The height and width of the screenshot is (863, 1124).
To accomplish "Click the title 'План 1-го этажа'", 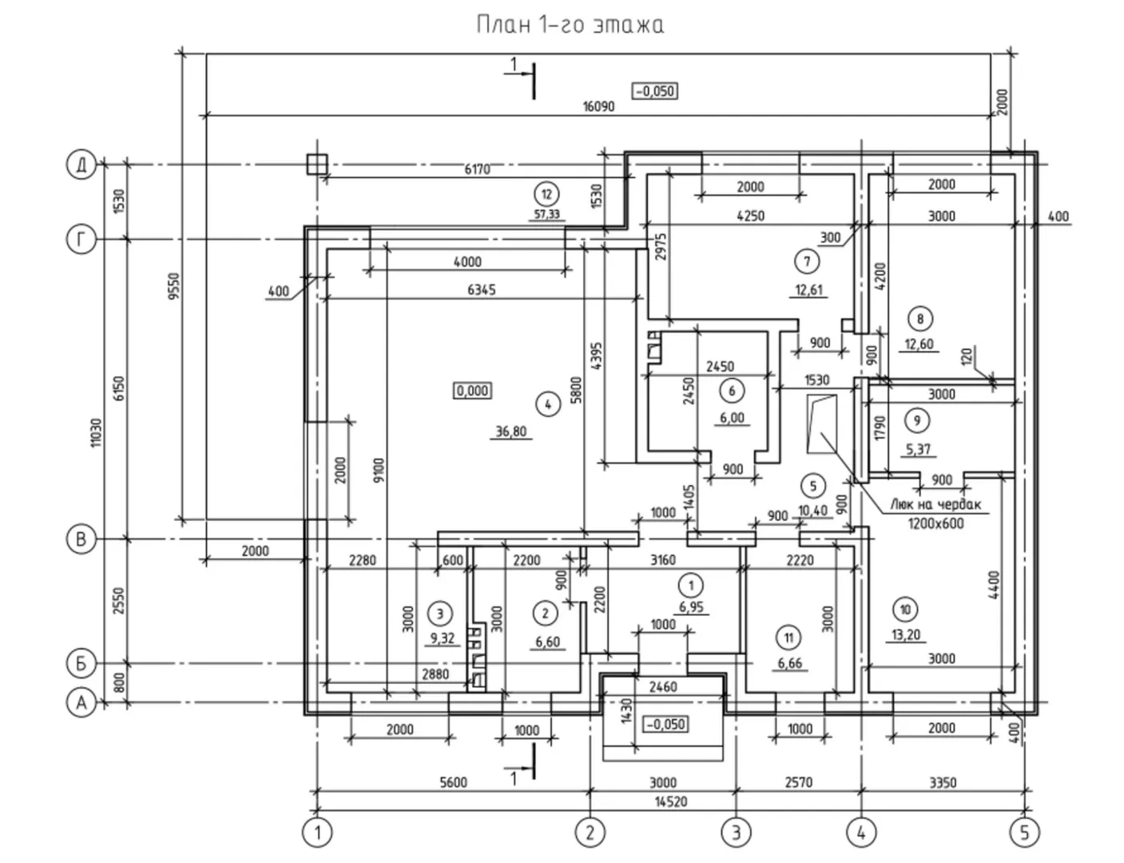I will click(570, 25).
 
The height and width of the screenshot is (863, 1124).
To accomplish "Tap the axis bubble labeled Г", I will click(80, 239).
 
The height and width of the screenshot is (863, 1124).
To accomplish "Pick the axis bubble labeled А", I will click(80, 703).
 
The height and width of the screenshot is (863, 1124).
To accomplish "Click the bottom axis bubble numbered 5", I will click(1024, 833).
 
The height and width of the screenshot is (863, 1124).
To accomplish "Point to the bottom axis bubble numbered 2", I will click(589, 833).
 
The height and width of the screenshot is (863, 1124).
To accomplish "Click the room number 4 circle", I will click(547, 404).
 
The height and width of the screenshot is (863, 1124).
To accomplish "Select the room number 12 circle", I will click(546, 193).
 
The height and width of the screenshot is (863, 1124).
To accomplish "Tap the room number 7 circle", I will click(807, 260).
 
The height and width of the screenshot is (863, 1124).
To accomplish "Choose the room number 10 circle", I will click(905, 610).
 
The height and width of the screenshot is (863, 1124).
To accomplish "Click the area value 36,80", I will click(511, 432).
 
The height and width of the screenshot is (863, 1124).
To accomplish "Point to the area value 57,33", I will click(546, 214).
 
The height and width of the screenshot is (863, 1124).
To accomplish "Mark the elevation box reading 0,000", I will click(472, 391).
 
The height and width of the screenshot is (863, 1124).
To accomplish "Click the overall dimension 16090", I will click(598, 105).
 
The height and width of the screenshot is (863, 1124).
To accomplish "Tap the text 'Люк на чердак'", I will click(935, 505).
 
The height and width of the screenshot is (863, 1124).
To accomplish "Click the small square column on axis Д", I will click(317, 164).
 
